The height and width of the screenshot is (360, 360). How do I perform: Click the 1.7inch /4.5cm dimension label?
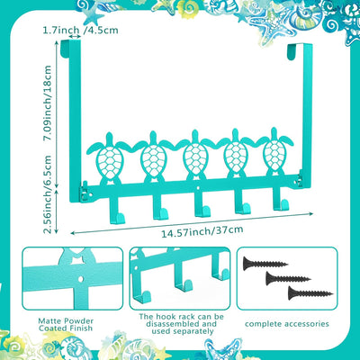tap(80, 31)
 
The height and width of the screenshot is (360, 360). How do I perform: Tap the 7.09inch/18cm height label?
tap(48, 103)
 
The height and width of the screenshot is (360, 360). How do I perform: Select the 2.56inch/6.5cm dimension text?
tap(48, 194)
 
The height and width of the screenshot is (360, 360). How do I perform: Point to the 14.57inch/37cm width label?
tap(202, 231)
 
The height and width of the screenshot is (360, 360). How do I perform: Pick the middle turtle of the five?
tap(195, 156)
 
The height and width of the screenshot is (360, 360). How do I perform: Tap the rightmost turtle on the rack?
tap(274, 152)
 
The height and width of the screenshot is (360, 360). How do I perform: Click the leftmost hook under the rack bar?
tap(116, 210)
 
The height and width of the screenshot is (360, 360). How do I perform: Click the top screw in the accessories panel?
tap(265, 264)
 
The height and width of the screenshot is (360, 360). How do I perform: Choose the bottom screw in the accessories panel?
tap(310, 293)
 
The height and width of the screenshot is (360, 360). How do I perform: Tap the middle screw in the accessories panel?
tap(288, 278)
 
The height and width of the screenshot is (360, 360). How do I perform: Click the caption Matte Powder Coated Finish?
tap(66, 325)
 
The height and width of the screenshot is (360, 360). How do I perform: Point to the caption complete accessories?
tap(287, 324)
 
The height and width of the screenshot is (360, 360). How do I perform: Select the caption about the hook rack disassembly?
tap(182, 324)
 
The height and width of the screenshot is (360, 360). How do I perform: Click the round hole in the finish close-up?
tap(80, 279)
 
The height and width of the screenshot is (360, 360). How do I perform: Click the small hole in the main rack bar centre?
tap(198, 188)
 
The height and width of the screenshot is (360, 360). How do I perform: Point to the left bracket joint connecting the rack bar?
tap(85, 191)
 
